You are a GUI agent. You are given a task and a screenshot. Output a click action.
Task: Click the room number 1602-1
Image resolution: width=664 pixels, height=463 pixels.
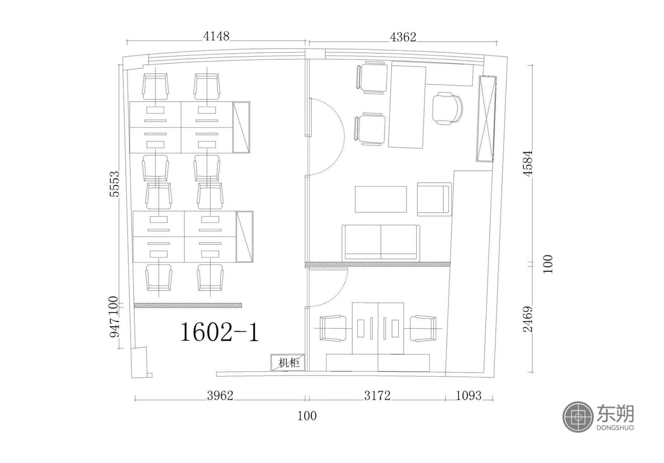click(219, 332)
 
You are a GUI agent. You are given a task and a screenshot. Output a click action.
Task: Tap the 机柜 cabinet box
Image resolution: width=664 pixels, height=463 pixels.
click(288, 362)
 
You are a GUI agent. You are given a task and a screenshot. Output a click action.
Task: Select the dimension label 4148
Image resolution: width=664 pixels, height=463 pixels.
click(216, 36)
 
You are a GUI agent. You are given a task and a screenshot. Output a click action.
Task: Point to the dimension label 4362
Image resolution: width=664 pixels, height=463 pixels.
click(403, 37)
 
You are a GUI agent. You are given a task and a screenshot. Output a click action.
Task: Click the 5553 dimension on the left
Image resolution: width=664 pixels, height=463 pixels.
click(114, 184)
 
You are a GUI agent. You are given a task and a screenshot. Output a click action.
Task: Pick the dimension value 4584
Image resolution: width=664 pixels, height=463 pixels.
click(528, 163)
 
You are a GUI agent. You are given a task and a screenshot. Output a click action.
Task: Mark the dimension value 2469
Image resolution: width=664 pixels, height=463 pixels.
click(528, 319)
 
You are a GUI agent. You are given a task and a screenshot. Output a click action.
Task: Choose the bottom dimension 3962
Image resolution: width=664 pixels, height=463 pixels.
click(220, 395)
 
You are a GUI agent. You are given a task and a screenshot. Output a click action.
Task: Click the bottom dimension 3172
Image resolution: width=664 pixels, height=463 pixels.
click(377, 395)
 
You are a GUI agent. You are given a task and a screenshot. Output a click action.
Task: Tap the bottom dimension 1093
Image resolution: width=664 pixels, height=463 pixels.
click(468, 395)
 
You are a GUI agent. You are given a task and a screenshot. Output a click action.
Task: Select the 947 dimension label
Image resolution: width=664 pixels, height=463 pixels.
click(114, 327)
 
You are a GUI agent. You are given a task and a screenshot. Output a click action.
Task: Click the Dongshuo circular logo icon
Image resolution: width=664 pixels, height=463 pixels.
click(578, 417)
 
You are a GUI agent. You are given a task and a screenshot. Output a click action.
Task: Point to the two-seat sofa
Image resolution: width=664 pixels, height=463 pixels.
click(381, 242)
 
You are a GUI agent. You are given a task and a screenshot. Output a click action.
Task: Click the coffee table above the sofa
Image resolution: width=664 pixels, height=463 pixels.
click(381, 199)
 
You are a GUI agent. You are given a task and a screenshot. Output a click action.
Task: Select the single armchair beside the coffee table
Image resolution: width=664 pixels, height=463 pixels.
click(434, 199)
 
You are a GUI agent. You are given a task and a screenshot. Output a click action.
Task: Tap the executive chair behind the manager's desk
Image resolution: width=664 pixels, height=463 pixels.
click(448, 109)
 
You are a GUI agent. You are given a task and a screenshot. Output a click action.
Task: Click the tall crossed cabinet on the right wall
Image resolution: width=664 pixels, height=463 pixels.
click(487, 119)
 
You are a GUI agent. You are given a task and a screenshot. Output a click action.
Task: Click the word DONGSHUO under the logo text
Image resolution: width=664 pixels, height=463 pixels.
click(615, 427)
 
